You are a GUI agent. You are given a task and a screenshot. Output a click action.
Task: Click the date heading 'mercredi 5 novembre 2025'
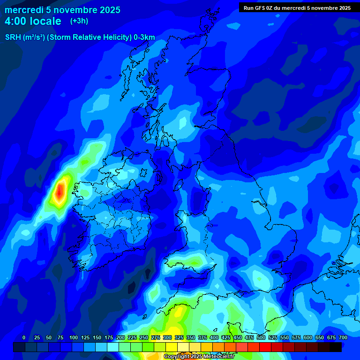(62, 10)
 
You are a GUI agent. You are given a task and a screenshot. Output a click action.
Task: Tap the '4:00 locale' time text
(33, 21)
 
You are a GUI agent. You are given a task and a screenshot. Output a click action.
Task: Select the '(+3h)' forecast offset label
(79, 21)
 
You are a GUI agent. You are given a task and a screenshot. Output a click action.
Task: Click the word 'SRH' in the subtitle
(13, 37)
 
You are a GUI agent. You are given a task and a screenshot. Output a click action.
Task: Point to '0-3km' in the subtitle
(144, 37)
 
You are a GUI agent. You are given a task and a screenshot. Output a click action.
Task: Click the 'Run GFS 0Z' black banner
(297, 7)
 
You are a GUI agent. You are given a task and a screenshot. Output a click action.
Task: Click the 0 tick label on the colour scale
(24, 337)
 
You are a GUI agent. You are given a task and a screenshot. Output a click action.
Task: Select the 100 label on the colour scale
(74, 337)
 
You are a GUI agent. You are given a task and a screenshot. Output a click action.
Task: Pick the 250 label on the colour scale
(144, 337)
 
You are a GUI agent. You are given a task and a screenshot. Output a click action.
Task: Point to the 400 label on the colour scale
(214, 337)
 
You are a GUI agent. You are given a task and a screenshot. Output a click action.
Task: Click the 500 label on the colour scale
(261, 337)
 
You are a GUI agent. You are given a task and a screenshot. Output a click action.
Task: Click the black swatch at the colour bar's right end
(336, 347)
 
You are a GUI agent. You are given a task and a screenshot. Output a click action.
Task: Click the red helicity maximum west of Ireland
(60, 192)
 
